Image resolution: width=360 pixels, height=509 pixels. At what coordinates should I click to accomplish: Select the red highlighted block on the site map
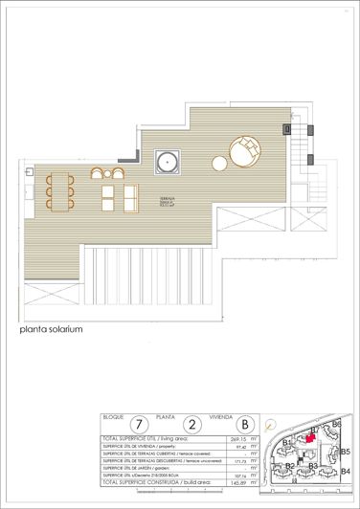pos(309,434)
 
